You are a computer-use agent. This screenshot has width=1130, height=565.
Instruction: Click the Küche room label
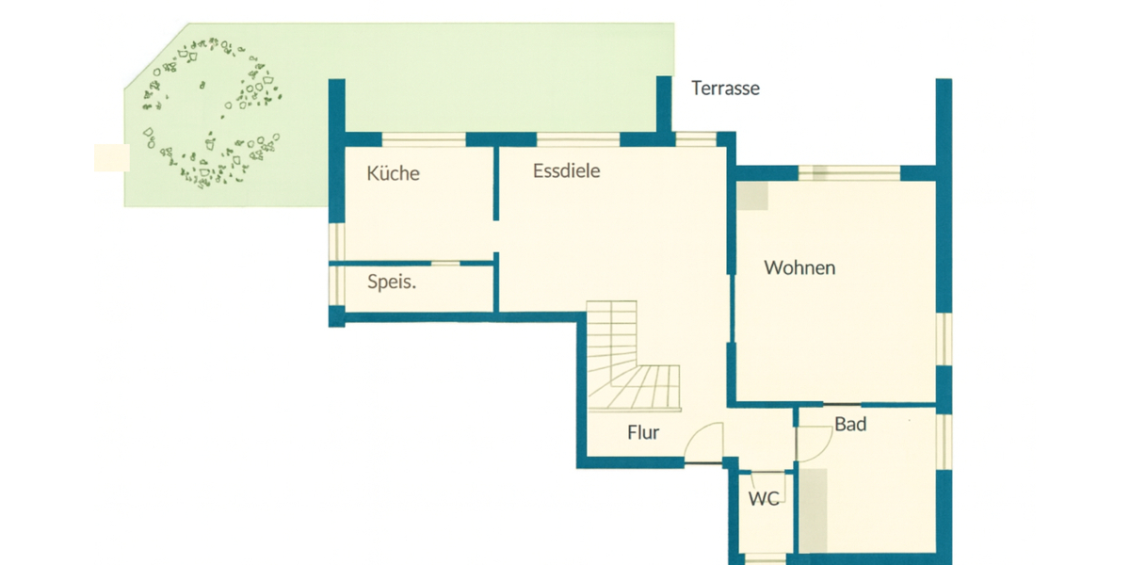point(393,173)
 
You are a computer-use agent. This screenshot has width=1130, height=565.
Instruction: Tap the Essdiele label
point(566,171)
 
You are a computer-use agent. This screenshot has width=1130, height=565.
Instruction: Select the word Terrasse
point(725,89)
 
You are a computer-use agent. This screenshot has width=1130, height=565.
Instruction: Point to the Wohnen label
point(799,268)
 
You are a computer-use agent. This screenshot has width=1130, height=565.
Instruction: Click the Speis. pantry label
point(392,282)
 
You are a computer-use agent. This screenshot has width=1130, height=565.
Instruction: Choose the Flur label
point(643,433)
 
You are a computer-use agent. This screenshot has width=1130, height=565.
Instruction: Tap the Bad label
point(850,425)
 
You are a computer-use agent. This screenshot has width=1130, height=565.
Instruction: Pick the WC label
point(764,499)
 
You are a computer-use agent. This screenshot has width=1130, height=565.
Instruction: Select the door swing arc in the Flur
point(704,441)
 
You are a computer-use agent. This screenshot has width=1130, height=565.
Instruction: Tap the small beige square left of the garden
point(110,158)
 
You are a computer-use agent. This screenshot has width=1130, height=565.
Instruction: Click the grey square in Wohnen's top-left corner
point(752,196)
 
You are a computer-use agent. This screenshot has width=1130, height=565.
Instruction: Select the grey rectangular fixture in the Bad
point(814,508)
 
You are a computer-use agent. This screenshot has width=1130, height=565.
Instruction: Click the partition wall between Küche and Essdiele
point(495,184)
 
